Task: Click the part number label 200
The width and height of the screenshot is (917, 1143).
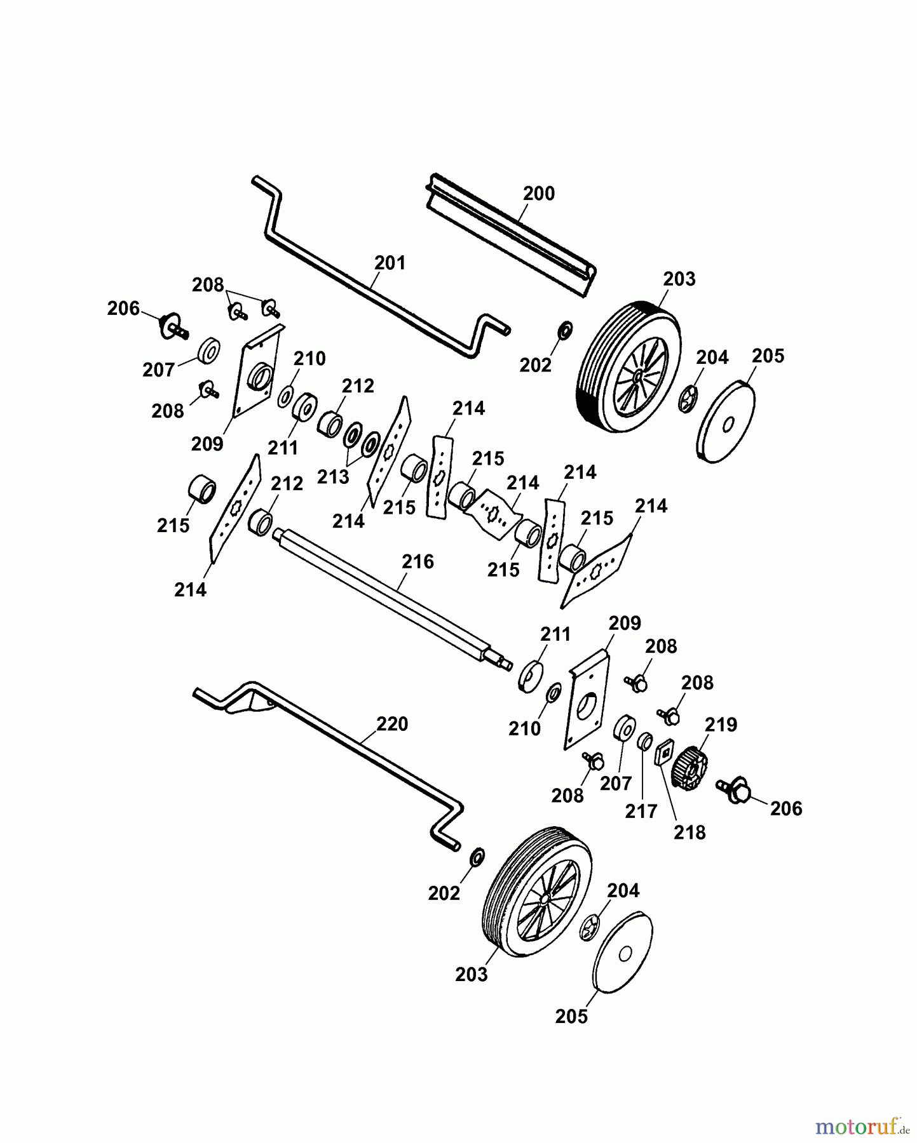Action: point(538,193)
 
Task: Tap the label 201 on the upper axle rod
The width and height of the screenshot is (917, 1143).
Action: point(390,262)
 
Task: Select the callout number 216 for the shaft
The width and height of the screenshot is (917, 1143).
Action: point(418,561)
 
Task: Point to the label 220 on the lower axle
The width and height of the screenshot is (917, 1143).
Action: point(392,724)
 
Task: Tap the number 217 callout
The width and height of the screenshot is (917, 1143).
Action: point(641,812)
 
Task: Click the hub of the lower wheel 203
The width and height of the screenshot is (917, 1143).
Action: point(545,900)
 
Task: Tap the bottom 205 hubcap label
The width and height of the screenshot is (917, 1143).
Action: point(571,1017)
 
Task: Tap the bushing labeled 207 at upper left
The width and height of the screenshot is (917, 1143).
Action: point(208,351)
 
